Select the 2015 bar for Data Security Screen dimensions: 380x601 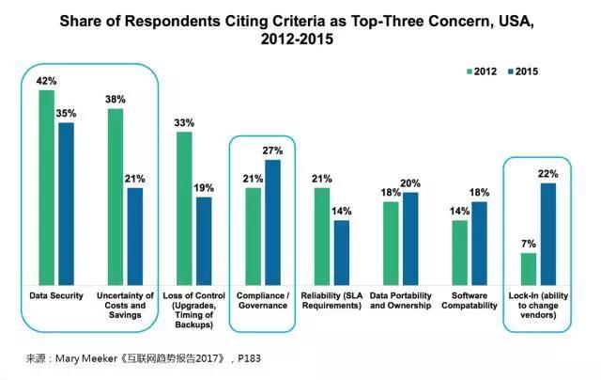coord(66,202)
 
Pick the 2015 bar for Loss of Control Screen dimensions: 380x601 coord(204,239)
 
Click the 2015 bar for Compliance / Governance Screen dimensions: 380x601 coord(272,221)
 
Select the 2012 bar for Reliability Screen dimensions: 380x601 coord(322,235)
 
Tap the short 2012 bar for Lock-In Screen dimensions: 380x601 coord(529,267)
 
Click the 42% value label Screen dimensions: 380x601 coord(45,82)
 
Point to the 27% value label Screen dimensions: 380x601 coord(273,150)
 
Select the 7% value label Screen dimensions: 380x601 coord(529,245)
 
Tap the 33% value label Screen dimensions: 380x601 coord(184,122)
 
